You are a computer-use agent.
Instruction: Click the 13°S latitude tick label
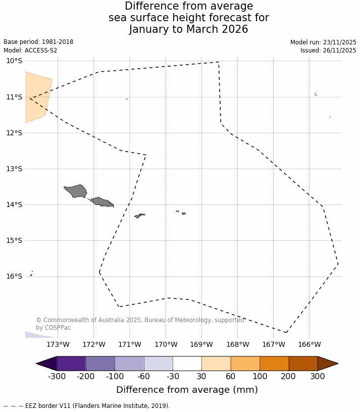coord(14,169)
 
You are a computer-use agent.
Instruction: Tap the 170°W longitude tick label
coord(166,345)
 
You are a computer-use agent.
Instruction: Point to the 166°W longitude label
coord(310,345)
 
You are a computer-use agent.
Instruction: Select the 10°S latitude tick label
coord(14,61)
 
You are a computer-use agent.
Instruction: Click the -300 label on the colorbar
coord(57,376)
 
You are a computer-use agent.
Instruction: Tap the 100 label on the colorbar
coord(260,376)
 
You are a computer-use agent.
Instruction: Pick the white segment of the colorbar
coord(187,364)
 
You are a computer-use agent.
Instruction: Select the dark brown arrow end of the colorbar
coord(328,364)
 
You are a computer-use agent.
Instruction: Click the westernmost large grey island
coord(76,191)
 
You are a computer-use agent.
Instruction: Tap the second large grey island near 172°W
coord(102,202)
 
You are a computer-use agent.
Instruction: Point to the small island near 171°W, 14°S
coord(139,216)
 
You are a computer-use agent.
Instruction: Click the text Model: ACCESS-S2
coord(30,50)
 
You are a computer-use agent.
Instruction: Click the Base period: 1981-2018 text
coord(38,42)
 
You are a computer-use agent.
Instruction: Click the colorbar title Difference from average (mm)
coord(187,390)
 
